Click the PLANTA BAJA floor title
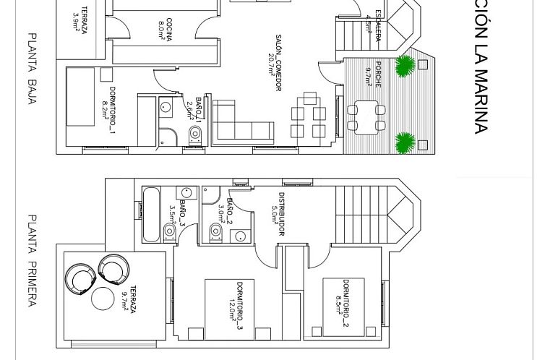(32, 69)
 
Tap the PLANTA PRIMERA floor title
(32, 260)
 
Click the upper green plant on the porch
(405, 65)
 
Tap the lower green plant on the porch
(405, 142)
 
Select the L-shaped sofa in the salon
(241, 123)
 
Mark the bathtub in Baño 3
(151, 215)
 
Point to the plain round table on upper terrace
(103, 298)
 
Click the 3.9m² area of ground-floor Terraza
(77, 24)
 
